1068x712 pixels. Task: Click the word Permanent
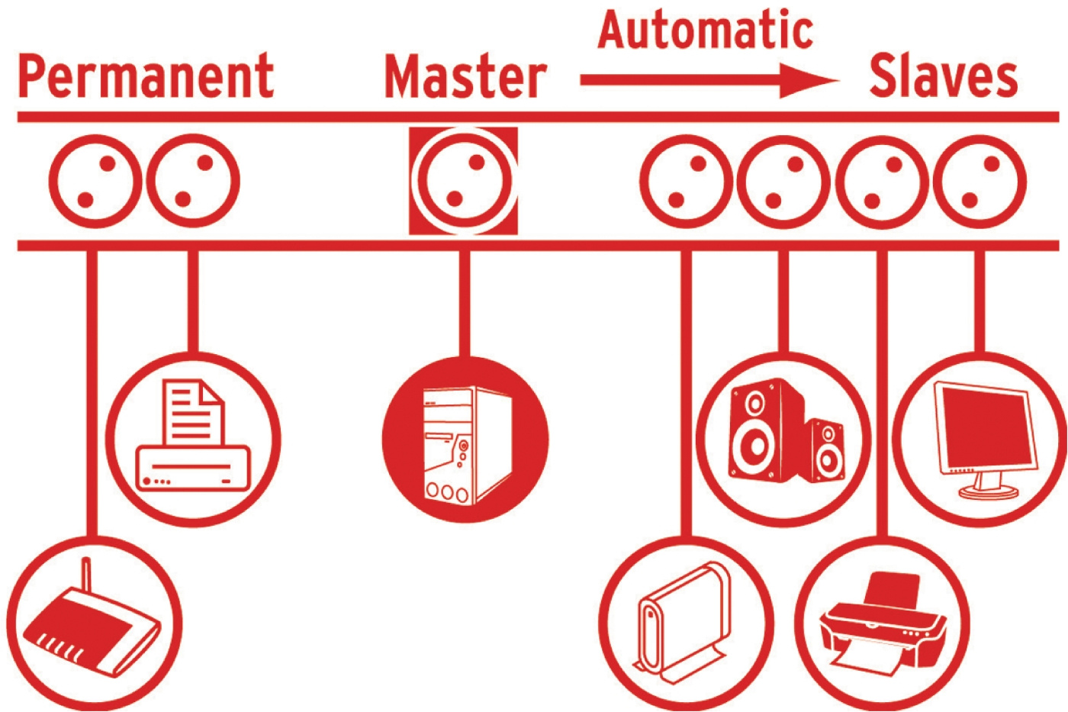click(x=146, y=76)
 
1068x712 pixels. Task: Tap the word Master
click(x=465, y=76)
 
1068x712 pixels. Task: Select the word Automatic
click(x=706, y=31)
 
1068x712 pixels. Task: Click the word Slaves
click(x=944, y=76)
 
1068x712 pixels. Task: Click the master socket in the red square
click(x=463, y=181)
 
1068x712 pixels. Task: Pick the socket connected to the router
click(x=95, y=182)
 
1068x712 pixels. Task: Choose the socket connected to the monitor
click(x=980, y=182)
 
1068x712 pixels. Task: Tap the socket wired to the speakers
click(x=784, y=182)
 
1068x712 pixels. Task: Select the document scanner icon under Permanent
click(x=193, y=439)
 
